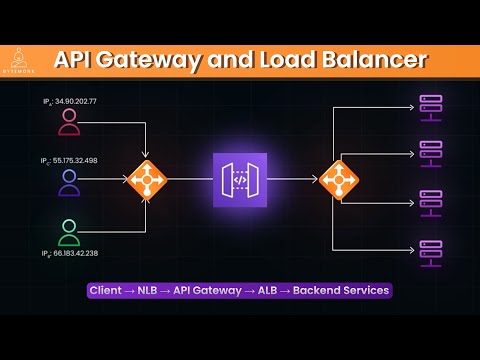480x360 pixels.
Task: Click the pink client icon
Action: tap(68, 122)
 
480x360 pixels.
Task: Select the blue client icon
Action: tap(68, 181)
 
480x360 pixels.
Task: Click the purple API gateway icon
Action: tap(240, 180)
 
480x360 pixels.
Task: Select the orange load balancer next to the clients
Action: tap(146, 180)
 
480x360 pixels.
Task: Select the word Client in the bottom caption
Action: tap(106, 291)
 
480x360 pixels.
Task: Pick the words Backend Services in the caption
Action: tap(341, 291)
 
